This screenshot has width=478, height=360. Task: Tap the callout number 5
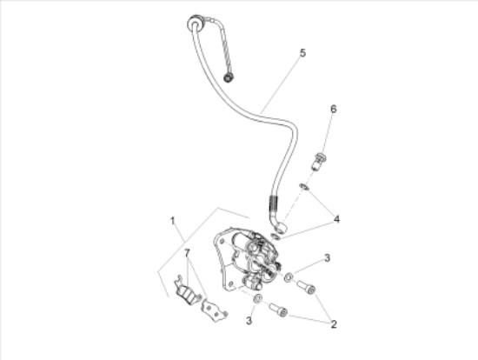coord(302,54)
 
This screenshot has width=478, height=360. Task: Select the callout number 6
coord(331,109)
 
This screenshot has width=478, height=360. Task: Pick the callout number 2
coord(331,324)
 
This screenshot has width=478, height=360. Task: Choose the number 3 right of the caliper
coord(327,257)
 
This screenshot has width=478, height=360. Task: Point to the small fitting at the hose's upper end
coord(229,78)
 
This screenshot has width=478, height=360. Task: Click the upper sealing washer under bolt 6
coord(303,187)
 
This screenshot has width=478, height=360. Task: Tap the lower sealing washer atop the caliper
coord(276,233)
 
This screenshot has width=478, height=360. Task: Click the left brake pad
coord(184,290)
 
